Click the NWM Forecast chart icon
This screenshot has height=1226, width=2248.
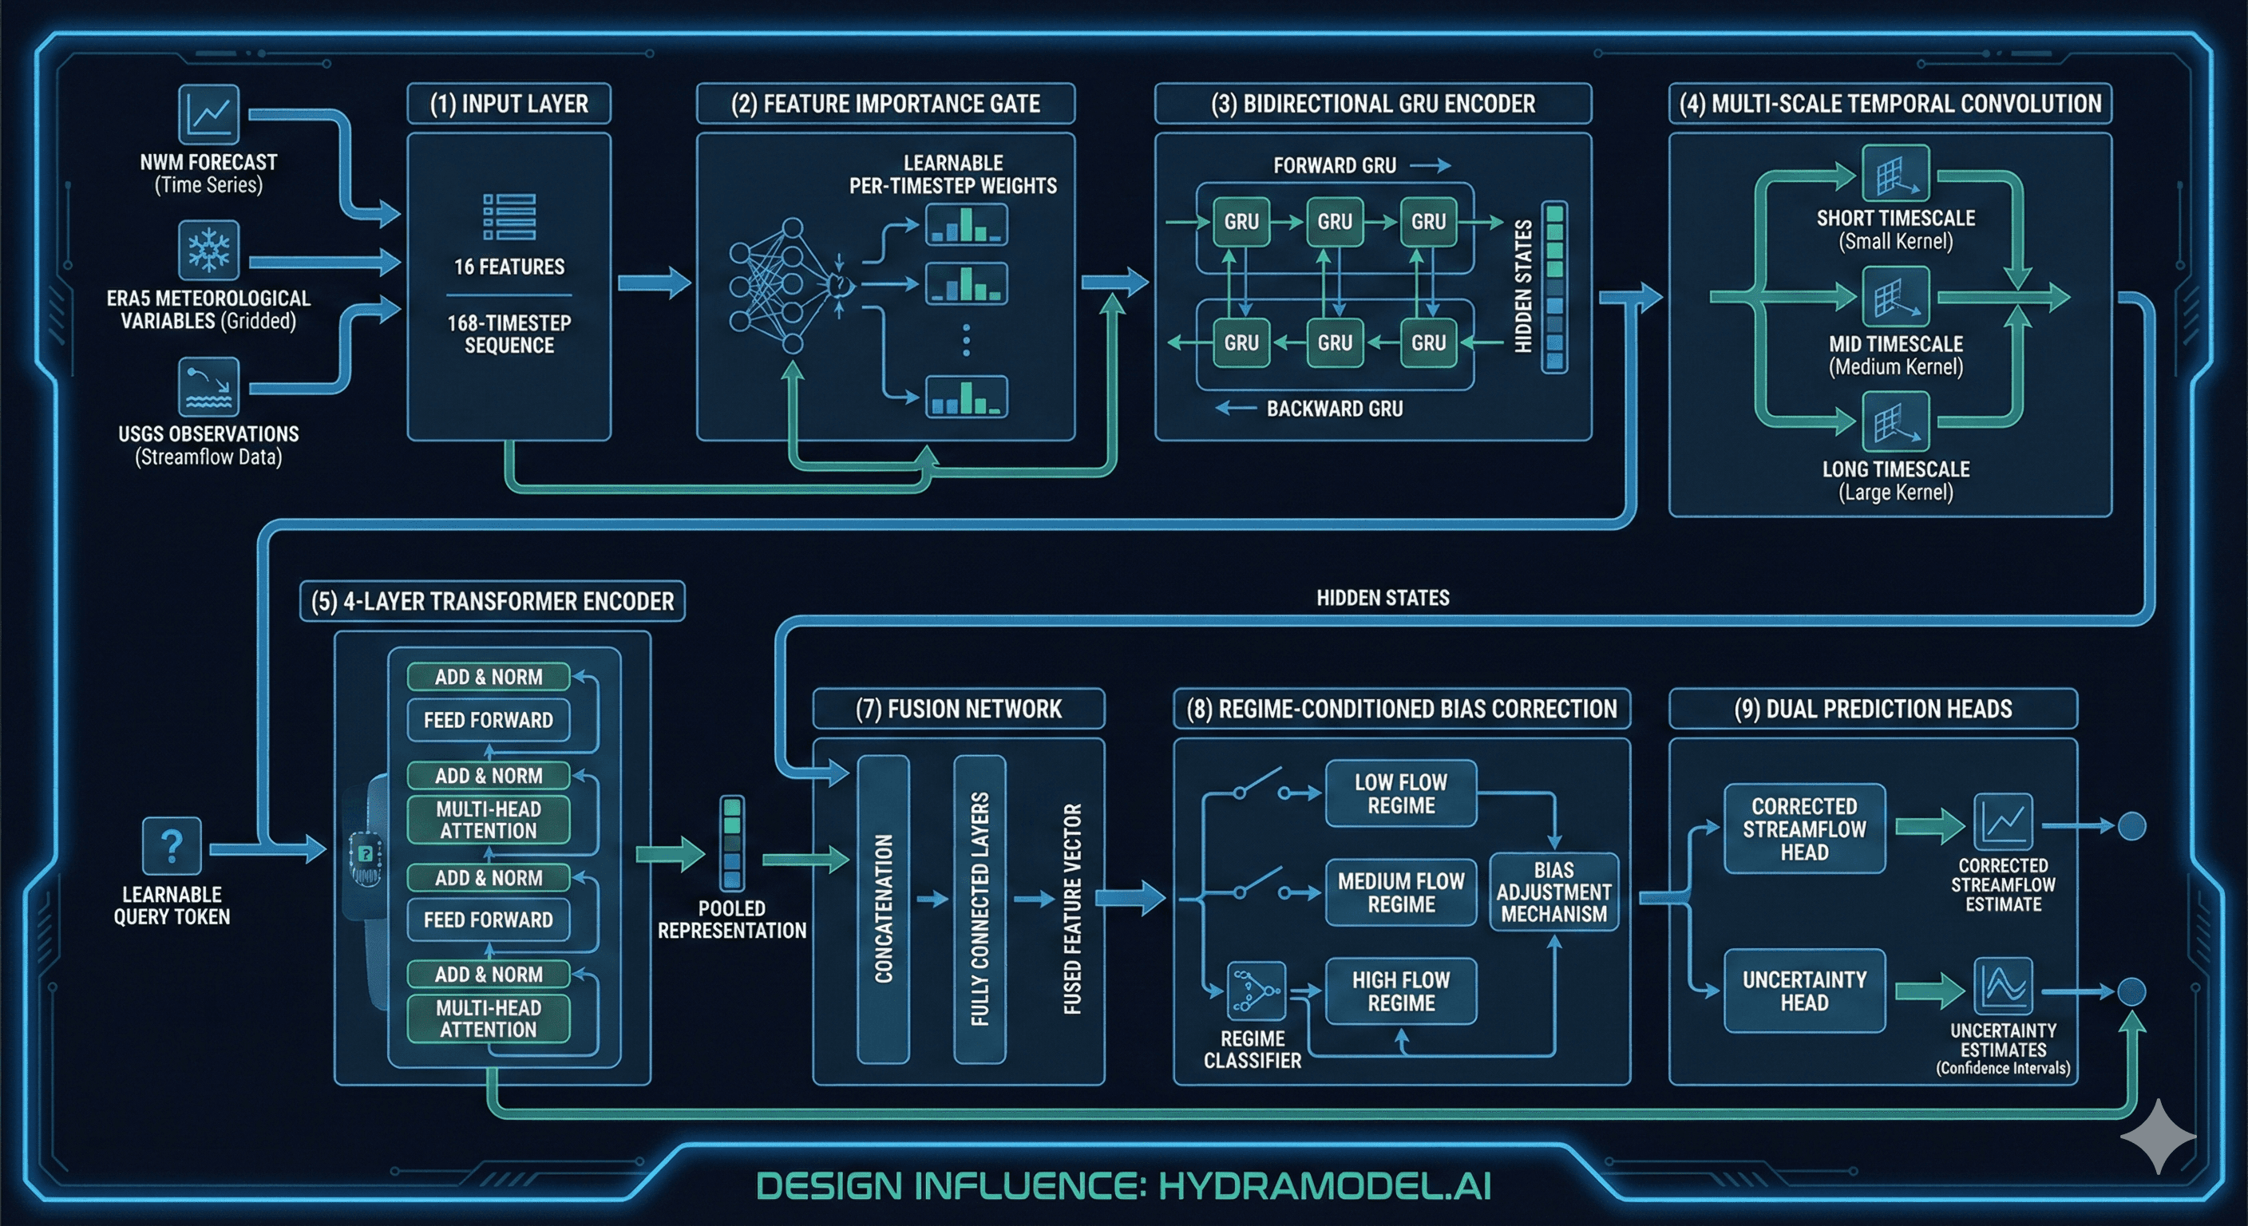[x=208, y=113]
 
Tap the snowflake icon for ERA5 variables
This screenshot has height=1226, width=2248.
[x=208, y=250]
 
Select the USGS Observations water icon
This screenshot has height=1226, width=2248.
[x=208, y=386]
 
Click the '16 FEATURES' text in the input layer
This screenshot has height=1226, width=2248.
[x=509, y=267]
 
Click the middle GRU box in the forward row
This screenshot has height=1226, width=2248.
[x=1334, y=222]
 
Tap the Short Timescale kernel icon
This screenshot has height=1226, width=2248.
[x=1895, y=174]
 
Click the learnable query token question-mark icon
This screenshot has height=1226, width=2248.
[x=172, y=845]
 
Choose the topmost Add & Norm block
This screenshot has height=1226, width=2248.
[x=488, y=676]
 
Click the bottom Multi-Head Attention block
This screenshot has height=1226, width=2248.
[x=488, y=1018]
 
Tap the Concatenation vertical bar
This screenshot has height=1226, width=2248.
[x=883, y=908]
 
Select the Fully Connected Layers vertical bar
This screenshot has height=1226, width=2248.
[x=980, y=908]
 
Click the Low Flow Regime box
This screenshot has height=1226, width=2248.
[x=1401, y=793]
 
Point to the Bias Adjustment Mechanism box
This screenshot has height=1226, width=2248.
[x=1553, y=892]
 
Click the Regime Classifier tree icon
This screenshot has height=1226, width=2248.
[x=1255, y=991]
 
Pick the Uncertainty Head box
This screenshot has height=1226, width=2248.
[x=1804, y=991]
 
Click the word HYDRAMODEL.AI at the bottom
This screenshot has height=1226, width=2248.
[x=1324, y=1186]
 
